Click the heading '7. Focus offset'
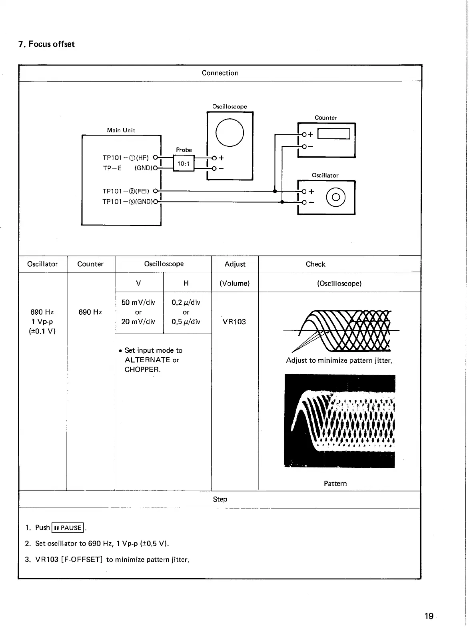pos(47,44)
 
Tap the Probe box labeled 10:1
pos(184,163)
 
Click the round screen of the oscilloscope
pos(230,133)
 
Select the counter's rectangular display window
pos(334,134)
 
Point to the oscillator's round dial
pos(336,197)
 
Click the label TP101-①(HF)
pos(126,158)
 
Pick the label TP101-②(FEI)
pos(126,191)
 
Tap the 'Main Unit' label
pos(121,130)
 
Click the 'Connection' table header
pos(220,73)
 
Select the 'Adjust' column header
pos(235,264)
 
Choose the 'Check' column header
pos(315,264)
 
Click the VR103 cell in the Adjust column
pos(234,321)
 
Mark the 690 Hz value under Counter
pos(90,312)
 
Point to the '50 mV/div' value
pos(138,302)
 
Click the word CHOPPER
pos(142,369)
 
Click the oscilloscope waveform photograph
pos(339,421)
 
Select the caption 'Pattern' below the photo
pos(335,483)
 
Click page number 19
pos(429,616)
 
